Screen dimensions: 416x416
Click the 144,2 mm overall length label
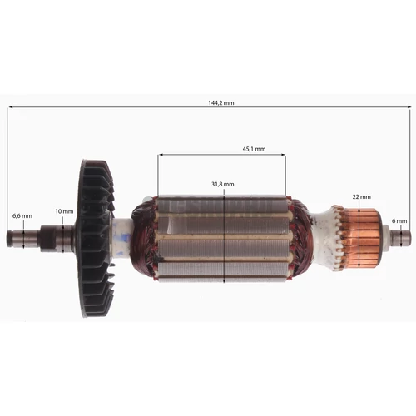pos(221,102)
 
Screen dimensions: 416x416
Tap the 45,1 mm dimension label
pos(254,149)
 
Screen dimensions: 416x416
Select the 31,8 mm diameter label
pos(223,184)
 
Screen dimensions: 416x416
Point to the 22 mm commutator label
pos(361,196)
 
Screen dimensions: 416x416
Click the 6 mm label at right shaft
pos(399,221)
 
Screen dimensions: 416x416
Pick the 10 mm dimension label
pos(64,211)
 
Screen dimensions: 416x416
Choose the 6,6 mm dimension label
pos(22,215)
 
